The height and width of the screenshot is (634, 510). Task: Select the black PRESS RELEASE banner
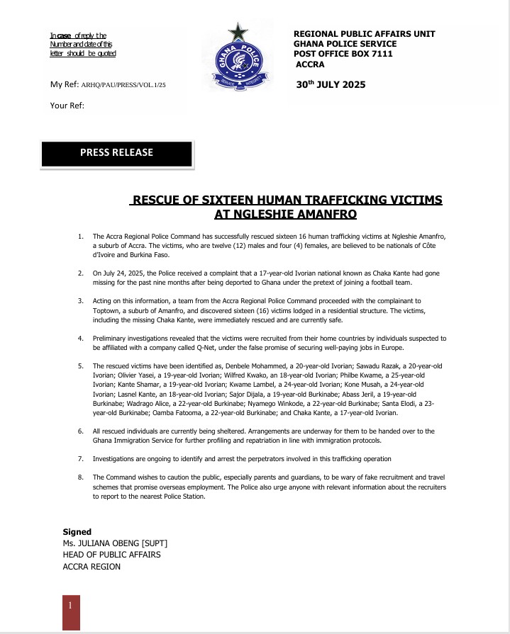116,152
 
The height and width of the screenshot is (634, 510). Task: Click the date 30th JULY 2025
331,85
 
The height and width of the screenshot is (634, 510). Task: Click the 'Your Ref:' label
67,106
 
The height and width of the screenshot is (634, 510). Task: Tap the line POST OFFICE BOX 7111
344,54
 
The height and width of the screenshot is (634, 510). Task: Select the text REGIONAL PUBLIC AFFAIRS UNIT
364,34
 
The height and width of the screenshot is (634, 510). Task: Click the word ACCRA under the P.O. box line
311,64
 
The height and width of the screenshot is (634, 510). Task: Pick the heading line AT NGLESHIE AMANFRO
285,213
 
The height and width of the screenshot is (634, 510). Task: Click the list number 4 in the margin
80,339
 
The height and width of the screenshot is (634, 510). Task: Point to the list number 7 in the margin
80,459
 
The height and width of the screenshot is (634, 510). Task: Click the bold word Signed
77,532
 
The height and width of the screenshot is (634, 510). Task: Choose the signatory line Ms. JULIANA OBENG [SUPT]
115,543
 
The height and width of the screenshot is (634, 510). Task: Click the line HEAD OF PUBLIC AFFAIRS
111,555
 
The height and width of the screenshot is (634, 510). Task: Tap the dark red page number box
71,611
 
